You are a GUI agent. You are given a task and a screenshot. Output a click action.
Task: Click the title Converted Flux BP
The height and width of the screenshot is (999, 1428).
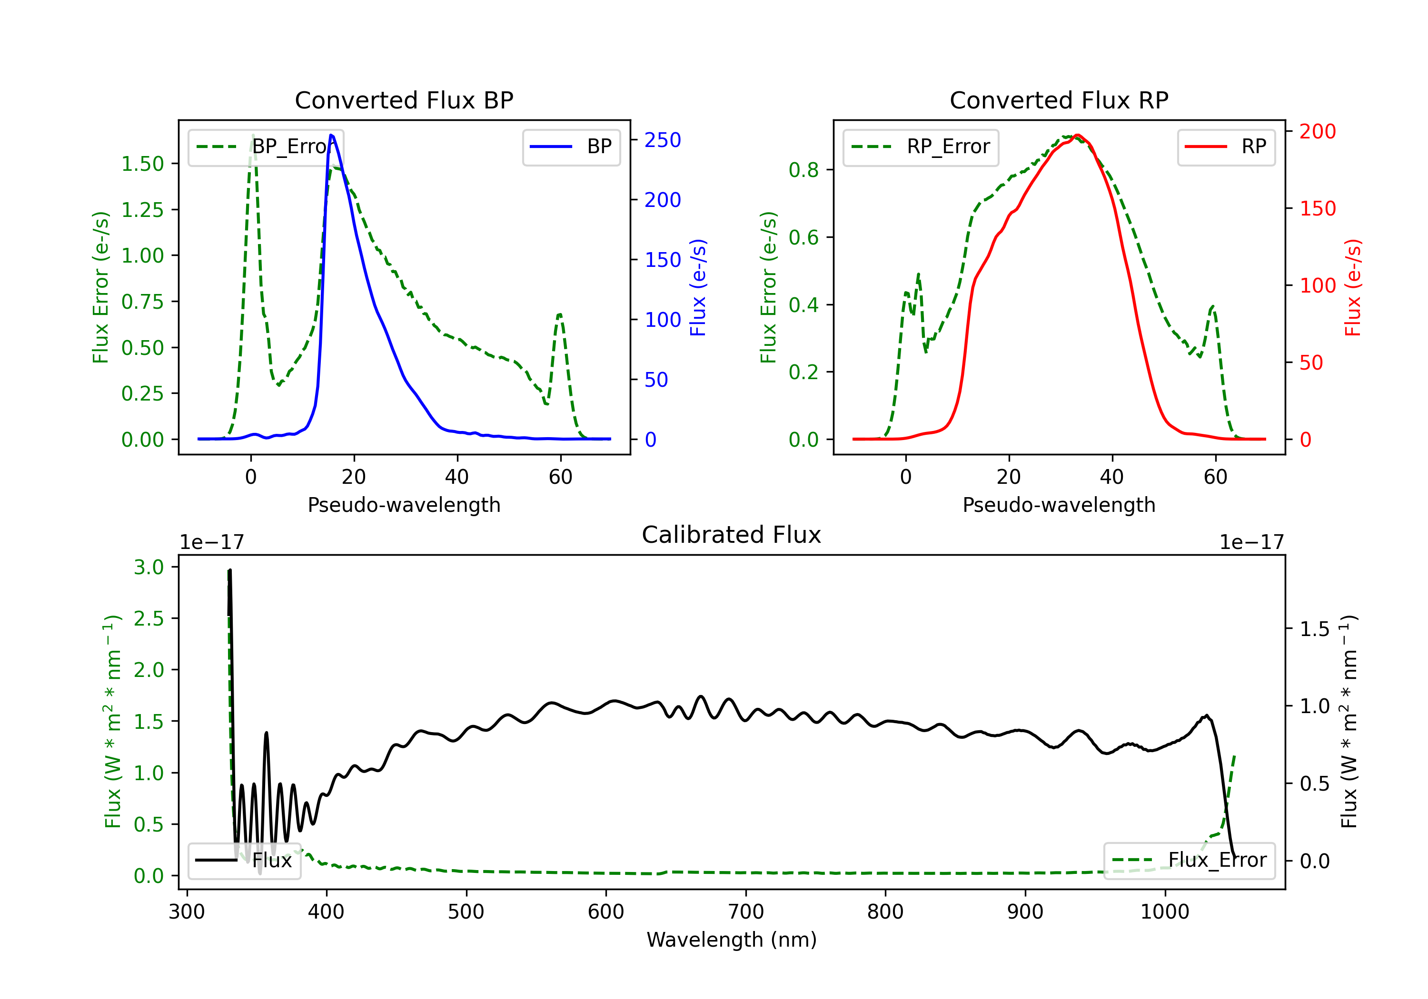pyautogui.click(x=404, y=100)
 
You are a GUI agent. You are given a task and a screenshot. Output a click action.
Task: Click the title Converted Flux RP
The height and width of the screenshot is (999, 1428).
pyautogui.click(x=1059, y=100)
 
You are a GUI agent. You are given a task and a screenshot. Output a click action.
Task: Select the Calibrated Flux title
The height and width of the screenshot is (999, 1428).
pyautogui.click(x=732, y=535)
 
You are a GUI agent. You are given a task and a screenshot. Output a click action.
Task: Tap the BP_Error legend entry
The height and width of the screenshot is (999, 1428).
pyautogui.click(x=266, y=147)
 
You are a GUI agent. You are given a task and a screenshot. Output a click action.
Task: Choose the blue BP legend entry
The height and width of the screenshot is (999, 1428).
pyautogui.click(x=571, y=147)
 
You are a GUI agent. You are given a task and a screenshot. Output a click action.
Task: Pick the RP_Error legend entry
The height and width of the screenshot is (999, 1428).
pyautogui.click(x=921, y=147)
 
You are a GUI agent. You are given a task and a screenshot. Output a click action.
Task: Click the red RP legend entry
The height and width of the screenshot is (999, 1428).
pyautogui.click(x=1226, y=147)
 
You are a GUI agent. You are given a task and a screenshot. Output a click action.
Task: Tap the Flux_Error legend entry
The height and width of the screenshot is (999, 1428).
pyautogui.click(x=1189, y=861)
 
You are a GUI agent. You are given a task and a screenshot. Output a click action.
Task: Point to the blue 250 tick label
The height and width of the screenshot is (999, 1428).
pyautogui.click(x=663, y=140)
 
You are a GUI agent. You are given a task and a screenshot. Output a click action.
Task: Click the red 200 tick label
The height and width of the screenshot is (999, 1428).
pyautogui.click(x=1317, y=131)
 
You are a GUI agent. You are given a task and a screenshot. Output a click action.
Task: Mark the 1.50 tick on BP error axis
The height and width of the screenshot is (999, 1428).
pyautogui.click(x=142, y=164)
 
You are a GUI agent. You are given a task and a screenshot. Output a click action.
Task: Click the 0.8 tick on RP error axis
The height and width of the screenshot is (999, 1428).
pyautogui.click(x=803, y=170)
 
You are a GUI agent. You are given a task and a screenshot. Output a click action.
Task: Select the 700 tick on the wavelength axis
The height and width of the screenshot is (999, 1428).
pyautogui.click(x=746, y=912)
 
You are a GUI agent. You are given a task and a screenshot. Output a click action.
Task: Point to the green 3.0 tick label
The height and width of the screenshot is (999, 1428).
pyautogui.click(x=149, y=567)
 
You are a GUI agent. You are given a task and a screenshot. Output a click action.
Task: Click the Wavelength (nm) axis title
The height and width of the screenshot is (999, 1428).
pyautogui.click(x=732, y=940)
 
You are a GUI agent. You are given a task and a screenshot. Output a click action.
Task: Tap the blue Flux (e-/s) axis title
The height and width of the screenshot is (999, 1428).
pyautogui.click(x=698, y=288)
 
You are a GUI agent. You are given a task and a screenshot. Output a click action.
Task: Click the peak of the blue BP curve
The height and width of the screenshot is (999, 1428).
pyautogui.click(x=331, y=135)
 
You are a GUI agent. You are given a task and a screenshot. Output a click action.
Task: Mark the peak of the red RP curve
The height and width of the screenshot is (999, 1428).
pyautogui.click(x=1077, y=135)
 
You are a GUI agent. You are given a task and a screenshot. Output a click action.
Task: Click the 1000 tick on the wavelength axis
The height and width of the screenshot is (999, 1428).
pyautogui.click(x=1165, y=912)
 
